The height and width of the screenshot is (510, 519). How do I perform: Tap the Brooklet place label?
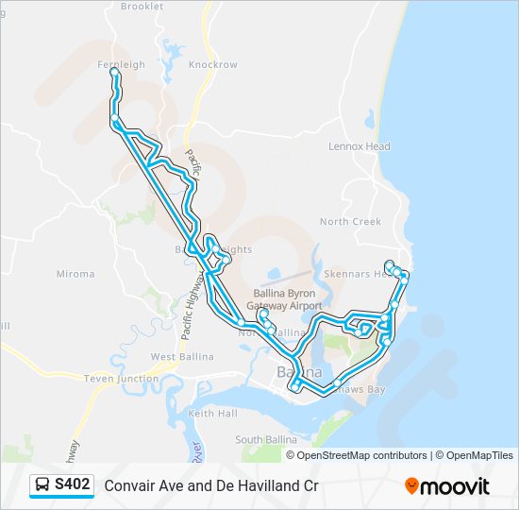tap(142, 6)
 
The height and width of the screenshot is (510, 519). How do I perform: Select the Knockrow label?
tap(212, 65)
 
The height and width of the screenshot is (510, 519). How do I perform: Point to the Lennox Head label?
tap(359, 147)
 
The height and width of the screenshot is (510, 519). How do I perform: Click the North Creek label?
tap(350, 222)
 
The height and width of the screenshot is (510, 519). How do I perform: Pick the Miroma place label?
tap(75, 275)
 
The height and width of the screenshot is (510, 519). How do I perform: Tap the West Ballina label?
tap(182, 357)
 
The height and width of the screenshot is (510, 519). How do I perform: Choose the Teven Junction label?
tap(121, 379)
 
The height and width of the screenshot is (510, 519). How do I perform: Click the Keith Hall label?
tap(212, 414)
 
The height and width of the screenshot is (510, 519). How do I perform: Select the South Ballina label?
tap(261, 440)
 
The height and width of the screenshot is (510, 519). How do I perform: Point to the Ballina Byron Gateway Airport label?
tap(284, 300)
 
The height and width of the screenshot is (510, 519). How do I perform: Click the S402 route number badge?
tap(73, 485)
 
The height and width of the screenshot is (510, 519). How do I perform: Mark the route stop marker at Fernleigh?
tap(114, 72)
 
